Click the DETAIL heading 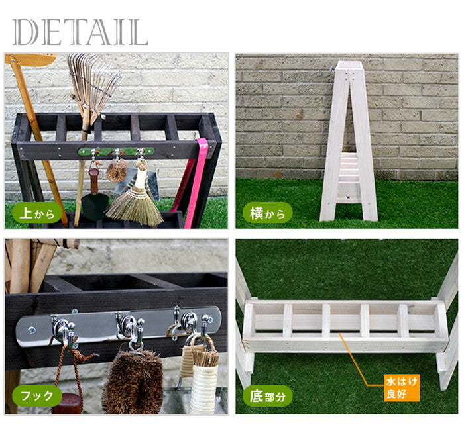tap(80, 32)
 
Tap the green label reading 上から tap(36, 213)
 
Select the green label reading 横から tap(268, 213)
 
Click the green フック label tap(36, 396)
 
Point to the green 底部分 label tap(268, 396)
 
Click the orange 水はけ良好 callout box tap(402, 388)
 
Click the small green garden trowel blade tap(94, 207)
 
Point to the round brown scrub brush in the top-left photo tap(117, 171)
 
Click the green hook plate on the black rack tap(116, 152)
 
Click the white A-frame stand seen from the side tap(349, 141)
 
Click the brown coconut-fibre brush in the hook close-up tap(133, 381)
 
